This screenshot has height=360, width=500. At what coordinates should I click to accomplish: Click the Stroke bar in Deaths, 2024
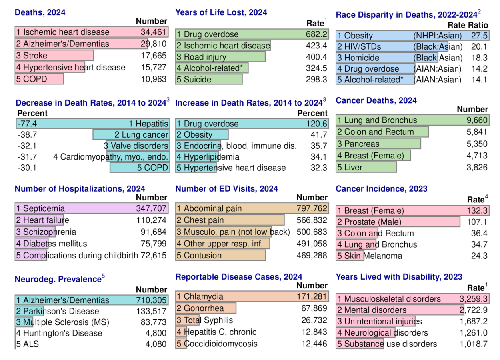54,56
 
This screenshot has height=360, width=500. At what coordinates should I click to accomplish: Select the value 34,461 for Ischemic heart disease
153,32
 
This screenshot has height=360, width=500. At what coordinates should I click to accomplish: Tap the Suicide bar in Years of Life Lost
209,80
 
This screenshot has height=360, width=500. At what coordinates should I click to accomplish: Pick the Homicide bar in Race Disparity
387,58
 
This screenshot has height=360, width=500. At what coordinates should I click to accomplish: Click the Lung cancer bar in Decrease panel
131,135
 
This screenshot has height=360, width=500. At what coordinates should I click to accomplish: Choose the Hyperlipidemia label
211,157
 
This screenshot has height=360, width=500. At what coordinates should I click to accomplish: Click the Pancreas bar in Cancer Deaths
378,144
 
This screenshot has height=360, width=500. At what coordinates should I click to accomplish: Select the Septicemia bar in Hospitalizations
92,208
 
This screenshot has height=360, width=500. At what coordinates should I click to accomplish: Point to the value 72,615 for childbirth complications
153,255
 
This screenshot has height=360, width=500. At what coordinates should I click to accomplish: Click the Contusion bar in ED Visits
220,255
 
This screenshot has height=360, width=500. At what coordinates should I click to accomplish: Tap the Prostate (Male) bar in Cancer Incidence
398,222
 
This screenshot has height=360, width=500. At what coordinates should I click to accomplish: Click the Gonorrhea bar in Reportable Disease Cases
206,308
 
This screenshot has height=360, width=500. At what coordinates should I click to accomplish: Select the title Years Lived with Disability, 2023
399,277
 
